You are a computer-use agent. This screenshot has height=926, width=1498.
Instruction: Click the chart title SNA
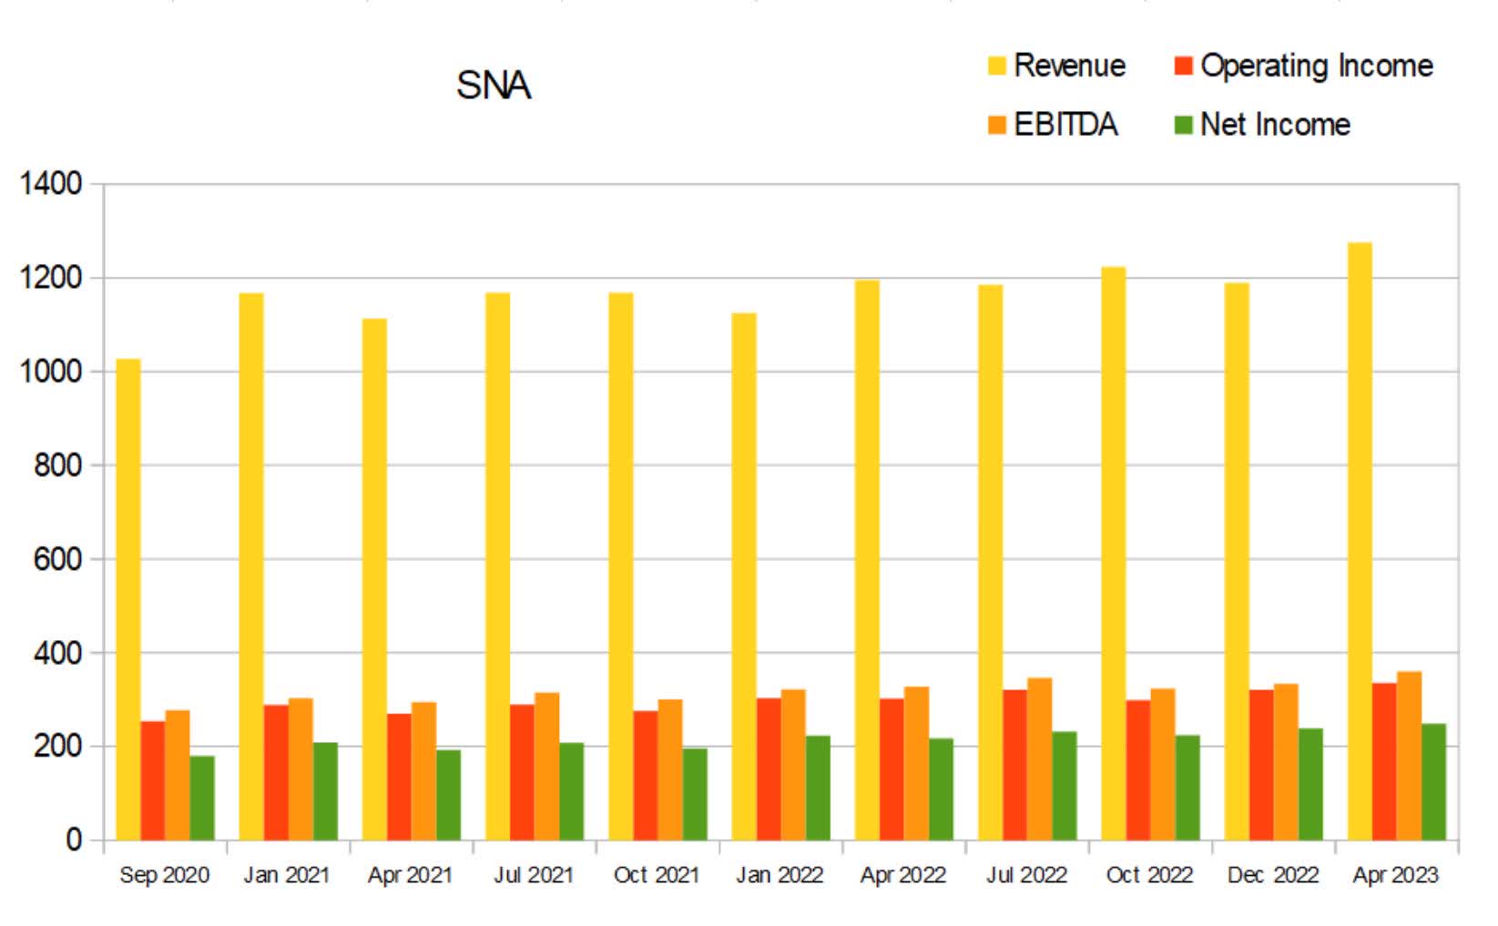tap(493, 86)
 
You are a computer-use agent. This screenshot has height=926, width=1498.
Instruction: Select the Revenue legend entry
tap(1056, 66)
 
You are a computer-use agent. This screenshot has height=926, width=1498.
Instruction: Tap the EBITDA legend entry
tap(1053, 125)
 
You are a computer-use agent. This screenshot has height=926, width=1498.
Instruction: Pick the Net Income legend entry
tap(1262, 125)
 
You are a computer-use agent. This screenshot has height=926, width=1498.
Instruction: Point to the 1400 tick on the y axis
tap(51, 184)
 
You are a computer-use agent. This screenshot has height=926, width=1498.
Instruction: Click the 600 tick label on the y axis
tap(56, 559)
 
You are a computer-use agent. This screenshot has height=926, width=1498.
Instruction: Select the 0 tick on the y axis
tap(73, 840)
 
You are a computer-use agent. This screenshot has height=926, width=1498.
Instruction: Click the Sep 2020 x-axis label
tap(164, 875)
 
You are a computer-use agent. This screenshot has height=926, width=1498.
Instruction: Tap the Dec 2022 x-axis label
tap(1272, 875)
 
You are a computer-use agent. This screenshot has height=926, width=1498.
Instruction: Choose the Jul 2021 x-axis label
tap(534, 875)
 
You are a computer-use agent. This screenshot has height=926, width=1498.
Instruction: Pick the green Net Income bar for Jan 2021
tap(325, 791)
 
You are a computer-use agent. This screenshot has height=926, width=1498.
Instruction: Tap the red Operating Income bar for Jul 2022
tap(1014, 765)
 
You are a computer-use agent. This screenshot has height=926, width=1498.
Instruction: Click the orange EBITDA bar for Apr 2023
tap(1408, 756)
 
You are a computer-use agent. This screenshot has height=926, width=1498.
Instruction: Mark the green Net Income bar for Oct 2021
tap(695, 794)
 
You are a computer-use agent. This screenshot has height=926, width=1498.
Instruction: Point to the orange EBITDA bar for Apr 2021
tap(423, 770)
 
